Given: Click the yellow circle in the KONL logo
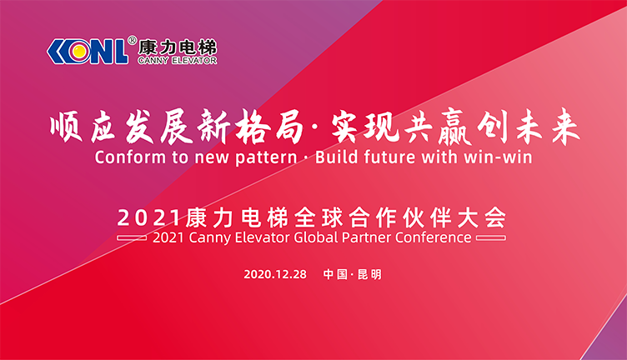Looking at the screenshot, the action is point(80,51).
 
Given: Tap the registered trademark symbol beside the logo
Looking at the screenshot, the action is point(132,40).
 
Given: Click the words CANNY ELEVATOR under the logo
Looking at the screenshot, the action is point(177,61).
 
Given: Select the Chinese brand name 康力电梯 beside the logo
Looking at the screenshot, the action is point(177,47).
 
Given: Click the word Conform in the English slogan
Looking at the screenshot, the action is point(130,157).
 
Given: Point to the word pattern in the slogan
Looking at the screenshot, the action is point(266,157).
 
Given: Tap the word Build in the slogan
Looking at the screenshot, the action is point(336,157).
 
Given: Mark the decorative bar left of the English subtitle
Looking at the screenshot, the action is point(132,238).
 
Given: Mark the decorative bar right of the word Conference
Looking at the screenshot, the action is point(491,238).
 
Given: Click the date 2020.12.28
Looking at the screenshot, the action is point(275,274).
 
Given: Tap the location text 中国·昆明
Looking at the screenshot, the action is point(353,274).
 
